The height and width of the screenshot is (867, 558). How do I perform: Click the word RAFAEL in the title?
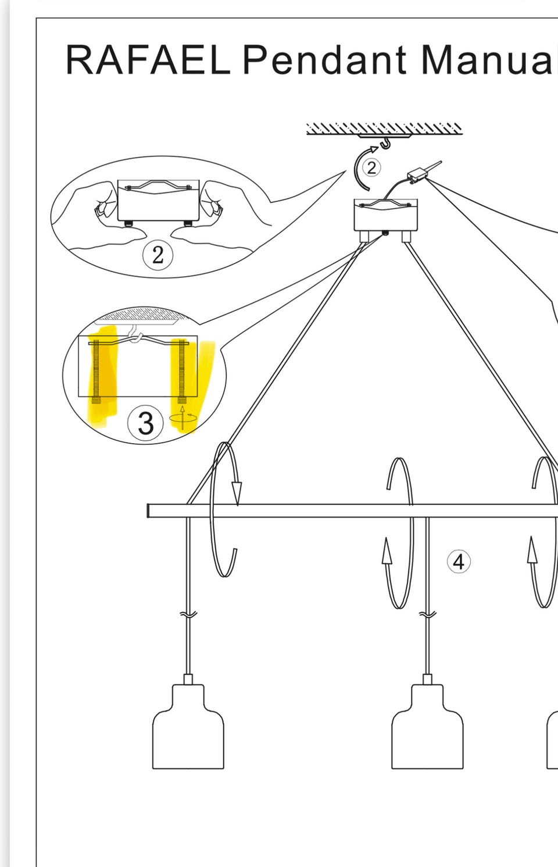[148, 60]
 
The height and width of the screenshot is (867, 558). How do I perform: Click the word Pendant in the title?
[325, 59]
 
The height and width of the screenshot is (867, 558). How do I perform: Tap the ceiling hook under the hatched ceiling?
[385, 144]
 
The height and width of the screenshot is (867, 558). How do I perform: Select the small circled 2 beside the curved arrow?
[371, 168]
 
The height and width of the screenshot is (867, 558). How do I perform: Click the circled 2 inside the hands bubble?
[158, 255]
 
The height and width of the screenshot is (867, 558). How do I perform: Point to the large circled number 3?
[145, 423]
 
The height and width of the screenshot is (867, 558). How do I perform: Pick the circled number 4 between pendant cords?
[459, 562]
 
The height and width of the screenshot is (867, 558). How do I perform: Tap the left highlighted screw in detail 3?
[95, 372]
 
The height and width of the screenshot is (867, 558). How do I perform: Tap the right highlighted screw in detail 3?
[181, 372]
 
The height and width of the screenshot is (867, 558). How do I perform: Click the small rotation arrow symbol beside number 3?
[183, 418]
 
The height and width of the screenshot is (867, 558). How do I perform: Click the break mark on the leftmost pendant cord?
[188, 614]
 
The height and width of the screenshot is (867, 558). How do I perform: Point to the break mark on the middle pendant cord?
[428, 614]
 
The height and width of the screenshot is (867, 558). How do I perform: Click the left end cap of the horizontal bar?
[149, 511]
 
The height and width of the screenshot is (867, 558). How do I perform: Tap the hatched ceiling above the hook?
[384, 129]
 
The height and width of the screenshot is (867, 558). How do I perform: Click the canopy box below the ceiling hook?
[385, 215]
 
